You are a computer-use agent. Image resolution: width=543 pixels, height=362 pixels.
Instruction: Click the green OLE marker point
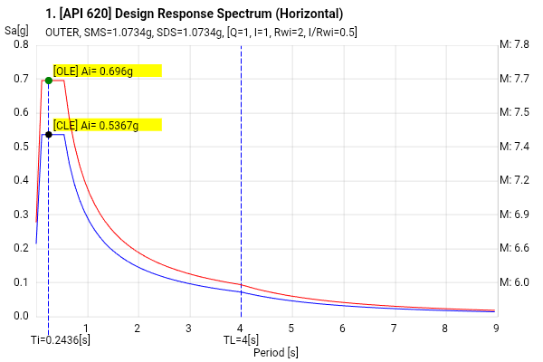(48, 81)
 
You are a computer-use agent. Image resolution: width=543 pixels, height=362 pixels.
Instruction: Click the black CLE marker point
(48, 135)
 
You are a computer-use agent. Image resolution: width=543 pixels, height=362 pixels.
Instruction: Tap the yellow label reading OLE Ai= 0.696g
(107, 71)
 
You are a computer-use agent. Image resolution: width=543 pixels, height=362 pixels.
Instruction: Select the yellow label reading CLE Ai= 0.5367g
(107, 125)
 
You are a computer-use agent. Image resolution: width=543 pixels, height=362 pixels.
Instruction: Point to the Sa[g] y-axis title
(15, 31)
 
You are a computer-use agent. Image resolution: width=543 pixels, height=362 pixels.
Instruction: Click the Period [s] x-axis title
(276, 352)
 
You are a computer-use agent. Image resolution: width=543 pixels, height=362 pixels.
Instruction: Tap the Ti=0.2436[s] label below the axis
(60, 339)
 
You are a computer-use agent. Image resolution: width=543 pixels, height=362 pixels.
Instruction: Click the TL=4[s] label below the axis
(242, 339)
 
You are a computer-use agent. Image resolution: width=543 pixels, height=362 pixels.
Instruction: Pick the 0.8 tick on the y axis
(21, 44)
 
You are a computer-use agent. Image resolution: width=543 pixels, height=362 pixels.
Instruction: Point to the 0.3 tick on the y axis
(21, 214)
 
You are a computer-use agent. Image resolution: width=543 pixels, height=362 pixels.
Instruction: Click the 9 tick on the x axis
(496, 328)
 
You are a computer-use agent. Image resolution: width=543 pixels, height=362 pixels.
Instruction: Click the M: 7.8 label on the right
(515, 44)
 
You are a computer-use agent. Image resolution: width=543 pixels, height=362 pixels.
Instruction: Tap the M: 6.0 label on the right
(515, 282)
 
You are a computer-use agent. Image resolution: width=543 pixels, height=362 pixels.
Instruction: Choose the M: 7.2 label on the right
(515, 180)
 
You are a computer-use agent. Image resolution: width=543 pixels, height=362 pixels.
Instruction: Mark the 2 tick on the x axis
(138, 328)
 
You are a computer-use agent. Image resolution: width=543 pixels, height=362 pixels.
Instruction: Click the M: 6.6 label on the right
(515, 248)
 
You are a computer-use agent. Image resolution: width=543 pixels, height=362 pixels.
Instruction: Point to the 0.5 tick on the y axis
(21, 147)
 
